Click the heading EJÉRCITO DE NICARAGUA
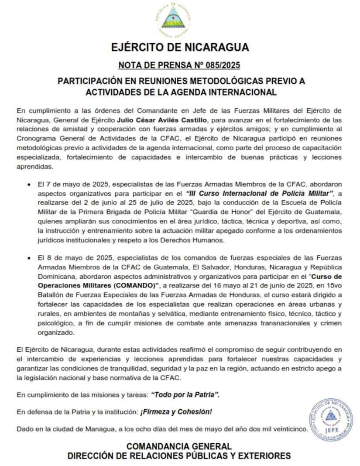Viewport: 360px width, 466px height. click(180, 47)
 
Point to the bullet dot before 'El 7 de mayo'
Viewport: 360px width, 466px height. click(29, 184)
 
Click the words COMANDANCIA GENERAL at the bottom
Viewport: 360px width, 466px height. click(179, 446)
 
